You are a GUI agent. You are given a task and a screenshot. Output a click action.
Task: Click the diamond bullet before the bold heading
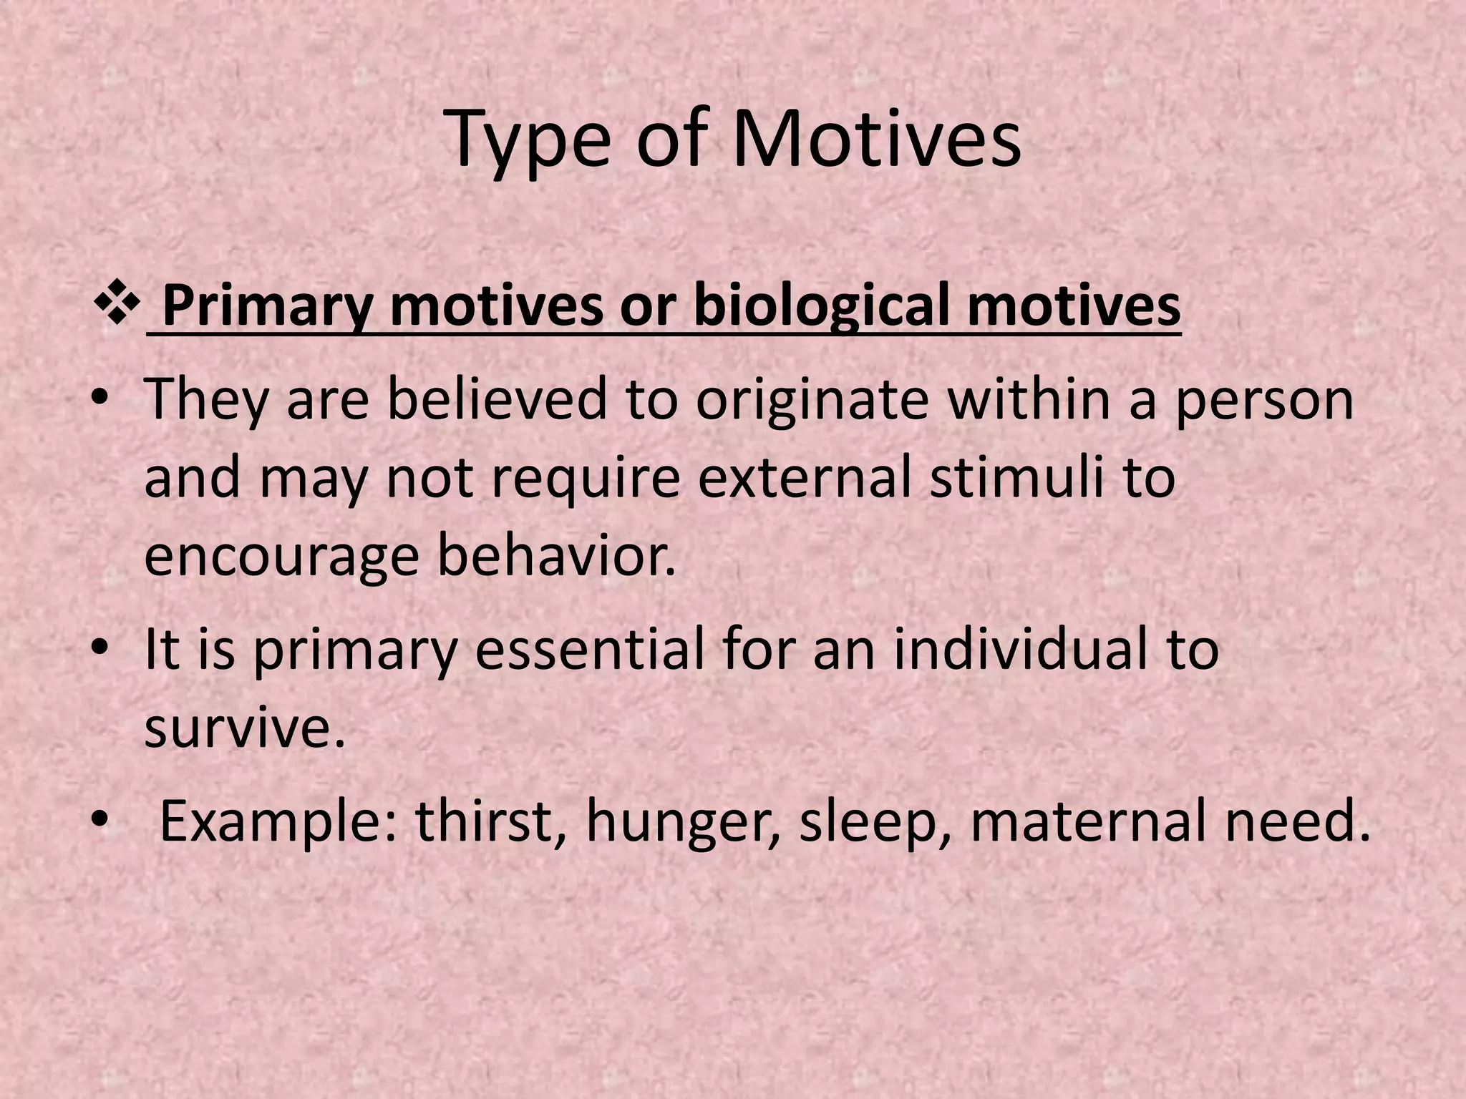tap(116, 308)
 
